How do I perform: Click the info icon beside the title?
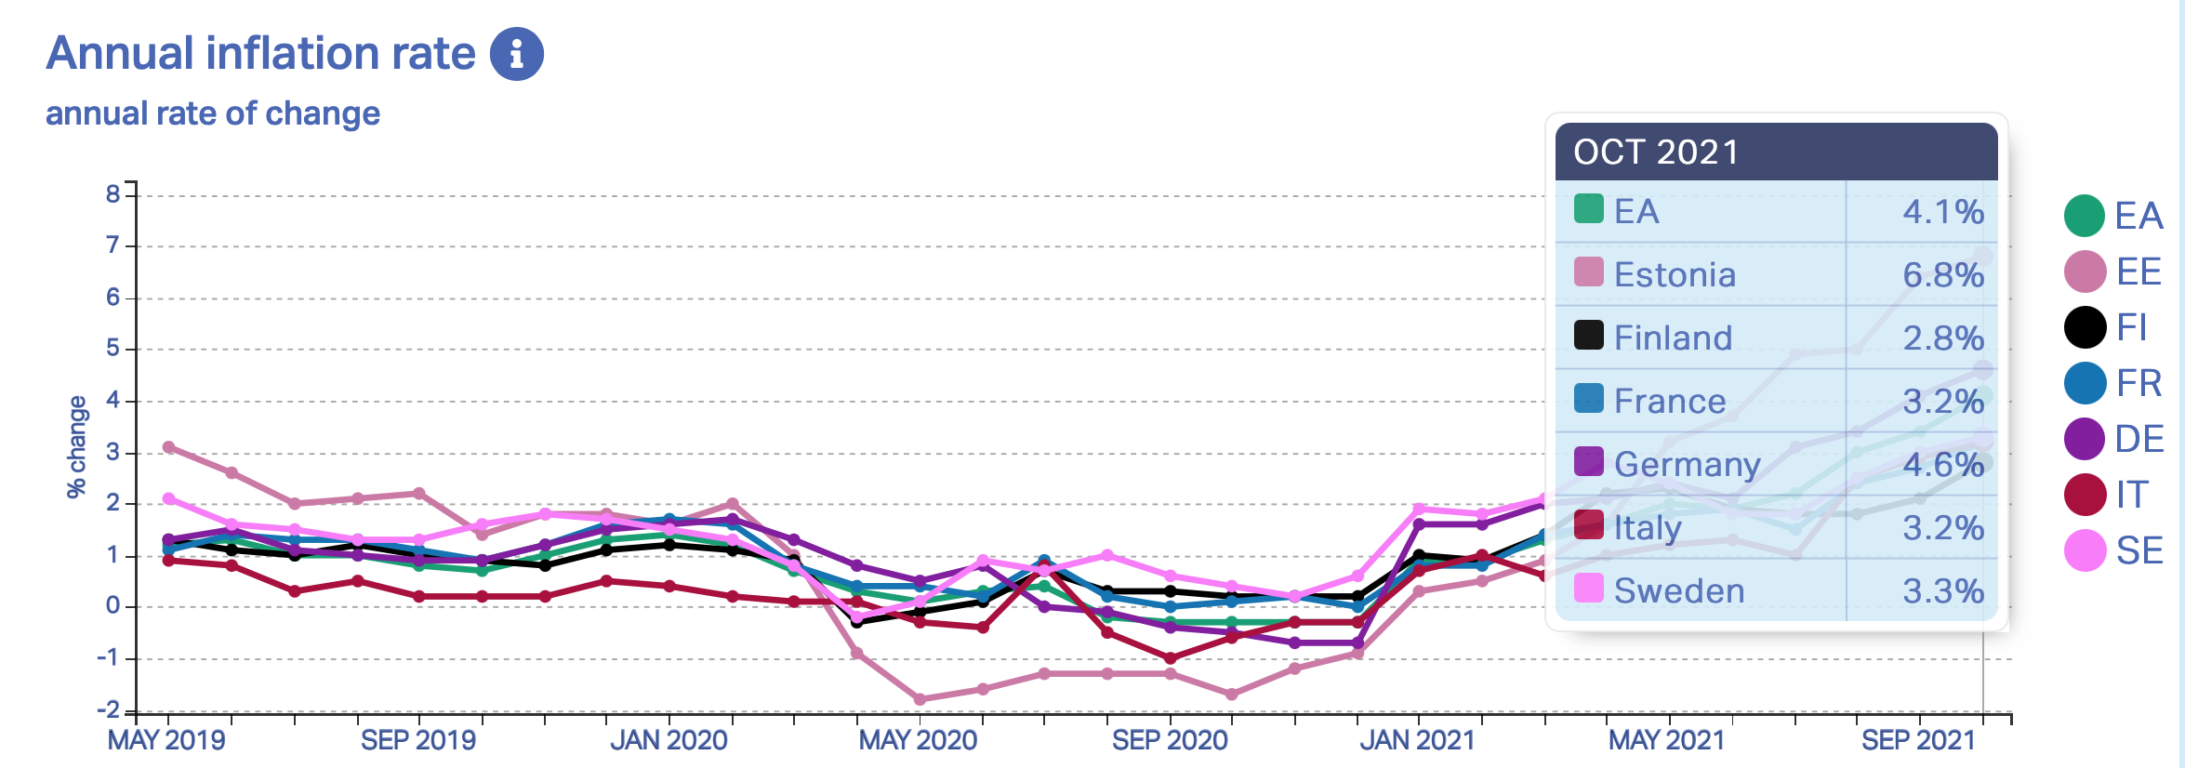point(516,54)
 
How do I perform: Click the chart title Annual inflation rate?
point(260,53)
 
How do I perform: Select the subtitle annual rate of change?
point(213,113)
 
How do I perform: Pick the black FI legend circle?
point(2085,327)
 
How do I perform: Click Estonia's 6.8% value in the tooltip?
point(1942,274)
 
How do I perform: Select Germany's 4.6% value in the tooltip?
point(1942,464)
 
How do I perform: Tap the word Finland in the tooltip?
point(1673,338)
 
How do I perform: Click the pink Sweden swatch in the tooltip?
point(1588,588)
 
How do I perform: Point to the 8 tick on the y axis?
point(113,194)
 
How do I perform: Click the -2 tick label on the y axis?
point(109,710)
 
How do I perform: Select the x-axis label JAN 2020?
point(669,740)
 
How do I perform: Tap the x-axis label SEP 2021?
point(1917,740)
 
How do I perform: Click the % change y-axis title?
point(76,446)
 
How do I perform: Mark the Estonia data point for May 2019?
point(168,447)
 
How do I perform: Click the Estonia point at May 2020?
point(920,699)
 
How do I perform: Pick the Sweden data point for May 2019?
point(168,498)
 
